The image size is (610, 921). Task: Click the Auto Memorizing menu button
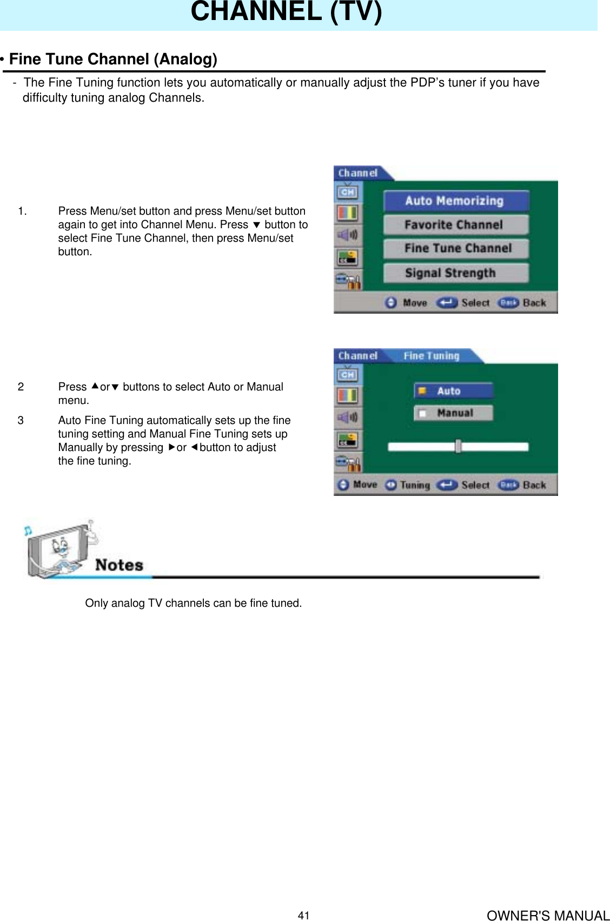pyautogui.click(x=455, y=201)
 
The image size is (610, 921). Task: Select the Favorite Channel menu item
pyautogui.click(x=455, y=224)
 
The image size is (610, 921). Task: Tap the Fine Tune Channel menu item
pyautogui.click(x=455, y=248)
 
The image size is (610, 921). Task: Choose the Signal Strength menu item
pyautogui.click(x=455, y=273)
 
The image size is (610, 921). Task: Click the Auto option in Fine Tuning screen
pyautogui.click(x=453, y=390)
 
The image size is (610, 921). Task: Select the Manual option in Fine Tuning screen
pyautogui.click(x=453, y=413)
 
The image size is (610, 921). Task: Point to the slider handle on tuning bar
pyautogui.click(x=458, y=446)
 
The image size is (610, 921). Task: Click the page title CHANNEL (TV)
pyautogui.click(x=286, y=12)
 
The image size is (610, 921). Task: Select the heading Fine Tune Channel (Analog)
pyautogui.click(x=112, y=59)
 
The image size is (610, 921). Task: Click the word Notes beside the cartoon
pyautogui.click(x=119, y=565)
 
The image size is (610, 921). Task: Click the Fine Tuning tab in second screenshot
pyautogui.click(x=431, y=356)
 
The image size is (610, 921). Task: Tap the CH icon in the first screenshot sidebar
pyautogui.click(x=347, y=192)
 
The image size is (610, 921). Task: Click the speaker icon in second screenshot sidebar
pyautogui.click(x=347, y=417)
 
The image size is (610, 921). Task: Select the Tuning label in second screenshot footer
pyautogui.click(x=415, y=485)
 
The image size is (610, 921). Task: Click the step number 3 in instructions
pyautogui.click(x=21, y=420)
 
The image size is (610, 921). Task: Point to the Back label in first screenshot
pyautogui.click(x=534, y=303)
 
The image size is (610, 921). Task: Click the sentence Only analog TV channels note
pyautogui.click(x=193, y=603)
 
